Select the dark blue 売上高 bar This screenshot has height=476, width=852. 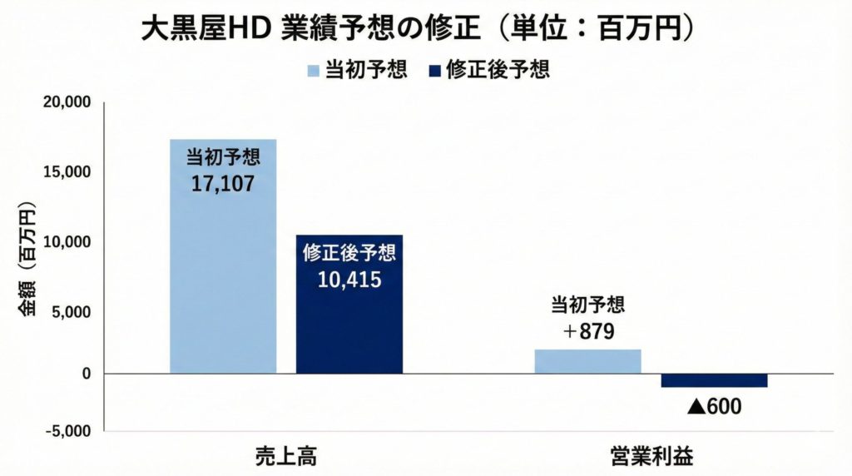pyautogui.click(x=349, y=325)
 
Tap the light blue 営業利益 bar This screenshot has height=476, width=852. pyautogui.click(x=587, y=361)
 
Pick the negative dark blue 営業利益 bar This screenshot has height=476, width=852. pyautogui.click(x=714, y=380)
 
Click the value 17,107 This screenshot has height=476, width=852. pyautogui.click(x=222, y=184)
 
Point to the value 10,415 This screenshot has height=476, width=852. pyautogui.click(x=349, y=279)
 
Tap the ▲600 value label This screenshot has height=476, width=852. pyautogui.click(x=714, y=408)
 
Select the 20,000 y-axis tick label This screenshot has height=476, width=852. pyautogui.click(x=66, y=103)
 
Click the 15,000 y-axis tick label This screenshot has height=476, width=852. pyautogui.click(x=66, y=172)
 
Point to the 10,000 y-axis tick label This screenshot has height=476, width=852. pyautogui.click(x=66, y=242)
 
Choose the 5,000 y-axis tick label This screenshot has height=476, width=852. pyautogui.click(x=70, y=312)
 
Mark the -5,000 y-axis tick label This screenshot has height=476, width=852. pyautogui.click(x=67, y=431)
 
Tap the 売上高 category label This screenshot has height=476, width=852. pyautogui.click(x=286, y=456)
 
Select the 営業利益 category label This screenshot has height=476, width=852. pyautogui.click(x=651, y=456)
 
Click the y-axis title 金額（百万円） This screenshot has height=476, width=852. pyautogui.click(x=26, y=258)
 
